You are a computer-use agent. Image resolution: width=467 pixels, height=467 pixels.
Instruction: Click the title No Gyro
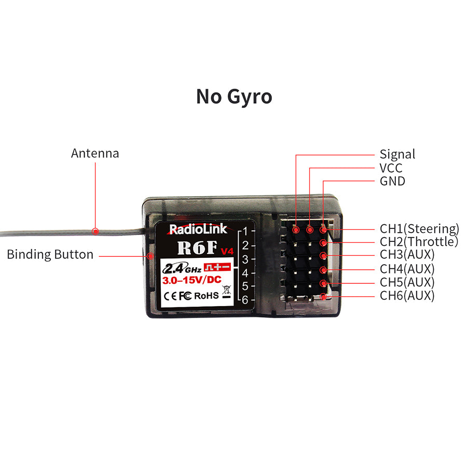point(234,97)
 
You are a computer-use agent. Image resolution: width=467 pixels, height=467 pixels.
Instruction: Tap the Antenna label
point(95,154)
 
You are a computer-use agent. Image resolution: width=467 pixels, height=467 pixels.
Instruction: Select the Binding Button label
point(50,255)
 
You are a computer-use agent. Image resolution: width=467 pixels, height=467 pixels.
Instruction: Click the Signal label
point(397,154)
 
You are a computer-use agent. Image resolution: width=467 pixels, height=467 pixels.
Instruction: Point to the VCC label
point(391,168)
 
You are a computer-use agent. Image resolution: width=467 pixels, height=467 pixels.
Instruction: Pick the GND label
point(392,181)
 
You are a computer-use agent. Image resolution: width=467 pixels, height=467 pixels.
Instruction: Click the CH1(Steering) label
point(419,228)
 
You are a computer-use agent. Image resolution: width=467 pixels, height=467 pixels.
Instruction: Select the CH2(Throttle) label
point(419,242)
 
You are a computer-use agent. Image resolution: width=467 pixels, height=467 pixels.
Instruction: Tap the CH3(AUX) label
point(407,255)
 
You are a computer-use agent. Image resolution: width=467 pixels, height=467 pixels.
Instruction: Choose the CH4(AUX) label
point(407,269)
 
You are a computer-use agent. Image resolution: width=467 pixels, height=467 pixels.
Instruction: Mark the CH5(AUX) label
point(407,282)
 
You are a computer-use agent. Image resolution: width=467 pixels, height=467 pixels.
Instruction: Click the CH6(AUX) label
point(407,296)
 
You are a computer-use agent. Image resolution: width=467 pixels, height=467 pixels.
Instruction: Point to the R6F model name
point(197,247)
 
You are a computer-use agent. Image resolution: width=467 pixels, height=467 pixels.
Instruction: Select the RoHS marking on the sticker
point(207,295)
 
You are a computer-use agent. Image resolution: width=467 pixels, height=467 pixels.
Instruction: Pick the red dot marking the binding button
point(150,255)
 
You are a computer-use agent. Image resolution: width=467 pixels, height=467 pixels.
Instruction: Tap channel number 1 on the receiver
point(245,230)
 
